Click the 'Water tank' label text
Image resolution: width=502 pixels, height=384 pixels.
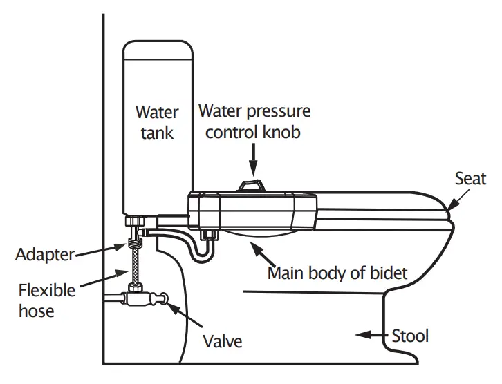157,122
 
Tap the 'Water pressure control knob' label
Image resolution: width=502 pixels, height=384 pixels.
254,122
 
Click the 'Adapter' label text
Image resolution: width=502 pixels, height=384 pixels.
44,254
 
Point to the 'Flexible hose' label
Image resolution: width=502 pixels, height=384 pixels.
47,300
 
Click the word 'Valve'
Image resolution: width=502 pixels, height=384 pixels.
223,340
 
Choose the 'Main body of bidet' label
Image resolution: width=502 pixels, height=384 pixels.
337,273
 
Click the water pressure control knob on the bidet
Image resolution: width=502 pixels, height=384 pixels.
252,186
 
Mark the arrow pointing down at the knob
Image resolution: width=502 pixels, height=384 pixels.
253,160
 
